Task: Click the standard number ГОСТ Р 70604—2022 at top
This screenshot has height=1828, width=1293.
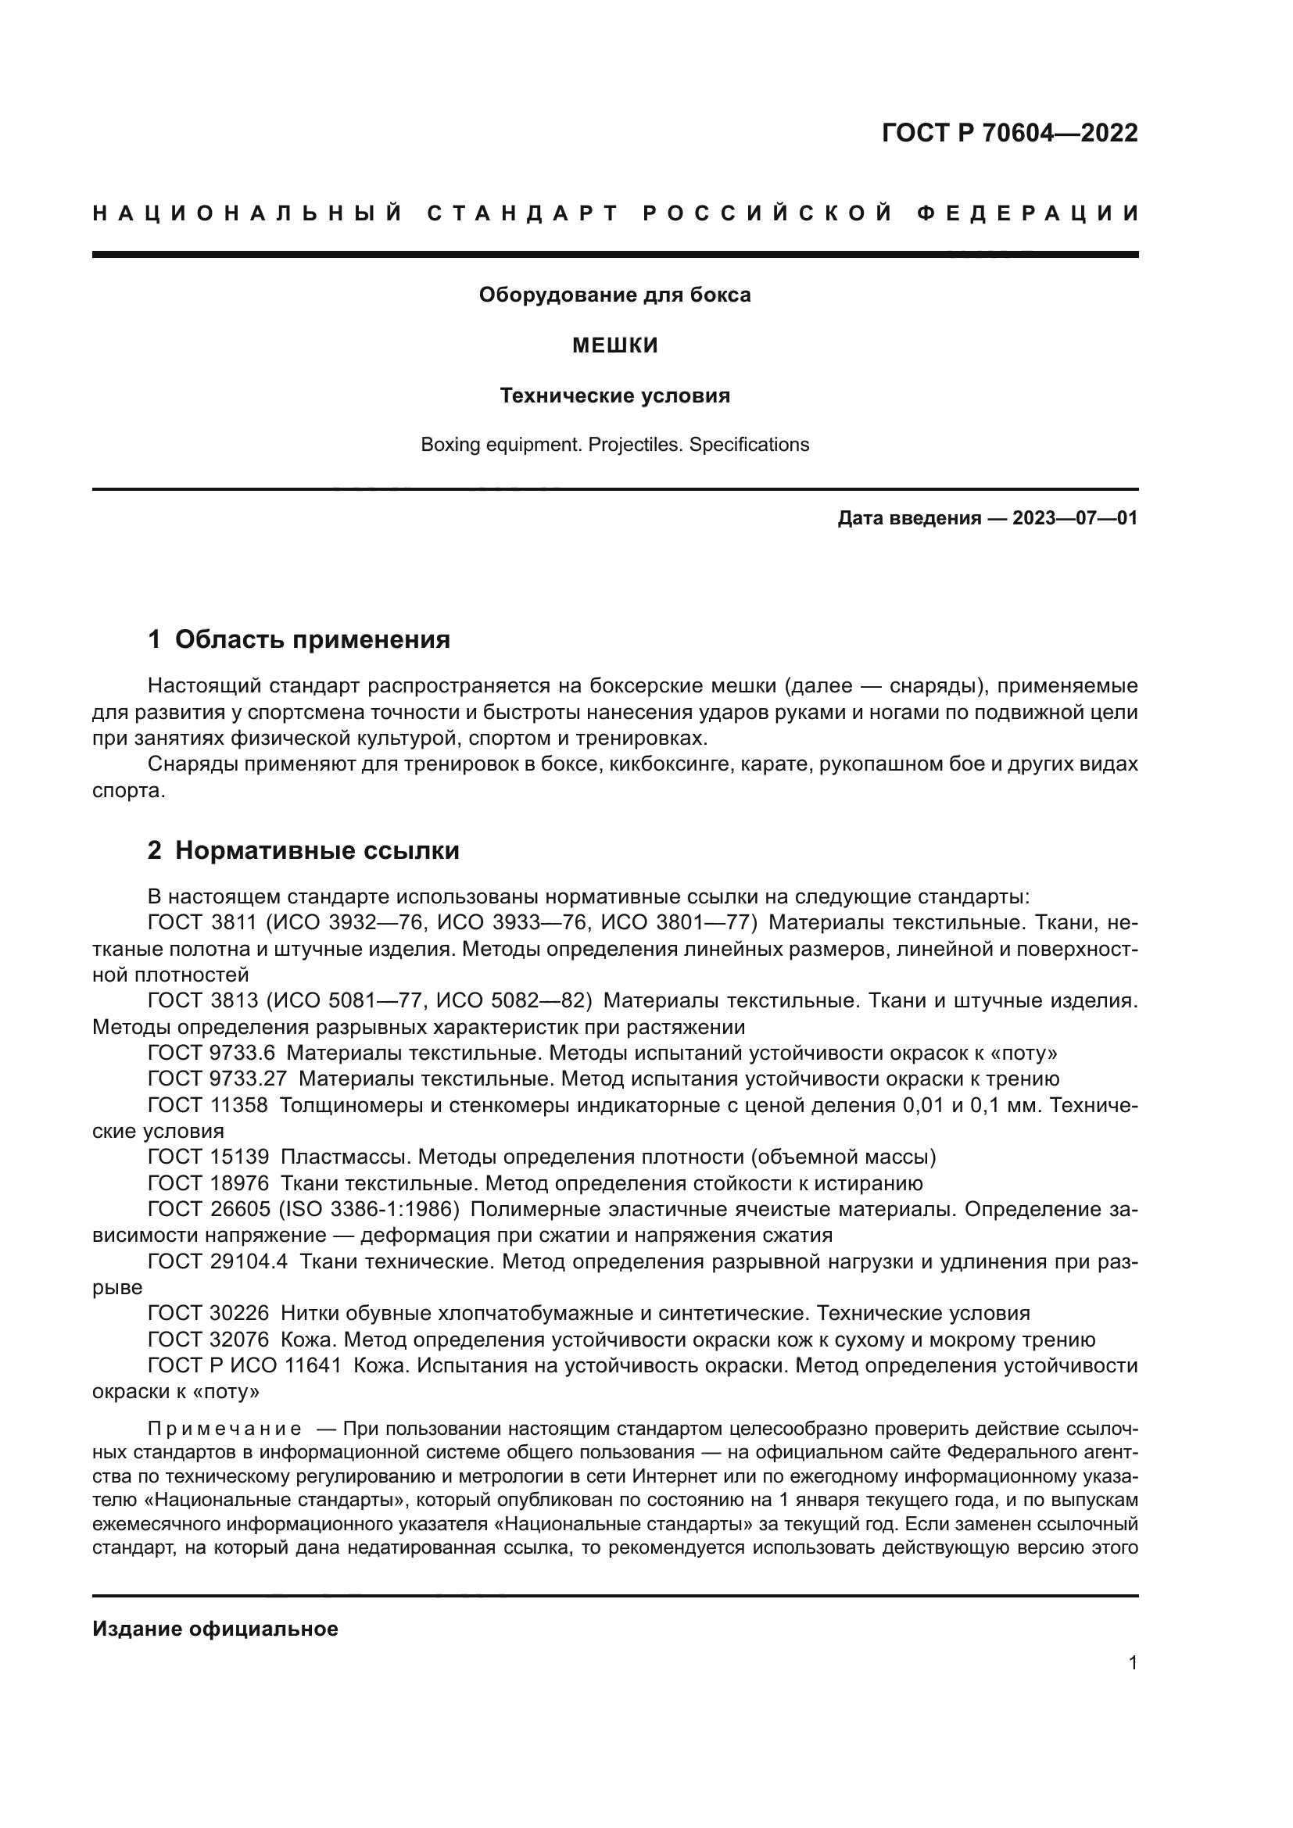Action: pyautogui.click(x=1008, y=133)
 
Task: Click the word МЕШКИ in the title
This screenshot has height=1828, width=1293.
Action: pyautogui.click(x=615, y=345)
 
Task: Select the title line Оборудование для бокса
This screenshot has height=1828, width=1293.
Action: pyautogui.click(x=614, y=295)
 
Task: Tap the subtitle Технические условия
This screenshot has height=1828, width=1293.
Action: pyautogui.click(x=614, y=395)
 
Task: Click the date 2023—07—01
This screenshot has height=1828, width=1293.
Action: pyautogui.click(x=1074, y=519)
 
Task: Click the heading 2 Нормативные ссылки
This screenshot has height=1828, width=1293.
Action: pyautogui.click(x=303, y=851)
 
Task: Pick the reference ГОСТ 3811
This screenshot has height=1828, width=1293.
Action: pyautogui.click(x=202, y=923)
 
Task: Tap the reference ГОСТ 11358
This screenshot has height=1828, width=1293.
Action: pyautogui.click(x=209, y=1105)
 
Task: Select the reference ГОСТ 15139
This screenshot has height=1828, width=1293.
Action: pyautogui.click(x=209, y=1156)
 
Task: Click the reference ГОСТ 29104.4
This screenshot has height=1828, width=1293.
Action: pyautogui.click(x=217, y=1261)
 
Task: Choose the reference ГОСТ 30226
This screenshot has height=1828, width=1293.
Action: pyautogui.click(x=209, y=1313)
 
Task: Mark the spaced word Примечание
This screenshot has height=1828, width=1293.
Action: pyautogui.click(x=224, y=1429)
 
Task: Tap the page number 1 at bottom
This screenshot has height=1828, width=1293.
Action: pyautogui.click(x=1133, y=1686)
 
